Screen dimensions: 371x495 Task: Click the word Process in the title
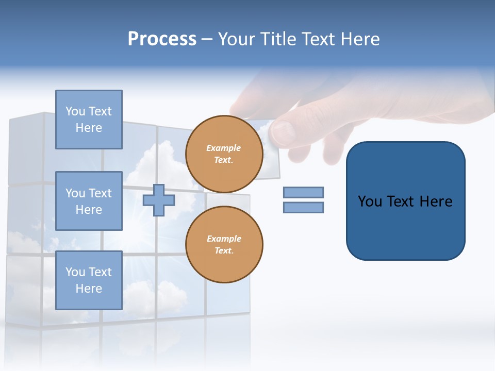pos(162,39)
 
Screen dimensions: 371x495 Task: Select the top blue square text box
pos(89,120)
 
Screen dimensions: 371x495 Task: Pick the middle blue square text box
pos(89,201)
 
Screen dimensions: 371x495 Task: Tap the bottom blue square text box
pos(89,280)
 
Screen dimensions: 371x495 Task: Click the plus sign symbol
pos(159,200)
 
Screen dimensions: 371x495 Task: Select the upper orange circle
pos(224,154)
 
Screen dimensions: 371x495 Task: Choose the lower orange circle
pos(224,245)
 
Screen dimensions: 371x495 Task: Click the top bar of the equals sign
pos(304,193)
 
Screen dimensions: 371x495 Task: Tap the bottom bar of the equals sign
pos(304,207)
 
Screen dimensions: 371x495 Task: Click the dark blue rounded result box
pos(406,201)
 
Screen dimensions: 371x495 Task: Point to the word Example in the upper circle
pos(223,148)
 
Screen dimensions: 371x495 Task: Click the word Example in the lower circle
pos(224,239)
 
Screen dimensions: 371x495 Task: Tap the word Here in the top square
pos(89,127)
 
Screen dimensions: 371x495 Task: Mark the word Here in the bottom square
pos(89,289)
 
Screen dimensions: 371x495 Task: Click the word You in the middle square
pos(75,193)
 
